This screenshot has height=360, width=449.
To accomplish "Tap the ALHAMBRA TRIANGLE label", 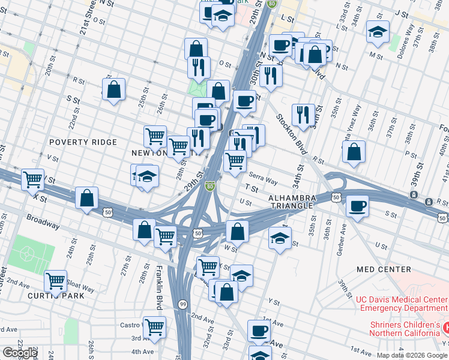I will [x=291, y=201].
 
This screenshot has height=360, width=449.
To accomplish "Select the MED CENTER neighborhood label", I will [x=384, y=269].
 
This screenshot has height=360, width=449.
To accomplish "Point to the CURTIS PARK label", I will [x=53, y=296].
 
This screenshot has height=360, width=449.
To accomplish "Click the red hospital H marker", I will [x=446, y=328].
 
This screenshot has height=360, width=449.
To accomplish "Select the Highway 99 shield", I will [x=182, y=305].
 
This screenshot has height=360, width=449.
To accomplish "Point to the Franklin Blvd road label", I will [x=160, y=285].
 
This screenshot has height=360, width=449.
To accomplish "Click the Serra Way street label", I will [x=264, y=180].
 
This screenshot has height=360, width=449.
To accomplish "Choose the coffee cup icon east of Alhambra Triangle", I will [x=357, y=206].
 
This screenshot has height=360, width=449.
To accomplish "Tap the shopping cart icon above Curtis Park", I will [x=55, y=280].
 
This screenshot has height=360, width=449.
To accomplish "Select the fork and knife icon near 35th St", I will [x=303, y=114].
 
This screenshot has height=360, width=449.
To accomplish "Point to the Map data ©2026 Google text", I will [x=412, y=355].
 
